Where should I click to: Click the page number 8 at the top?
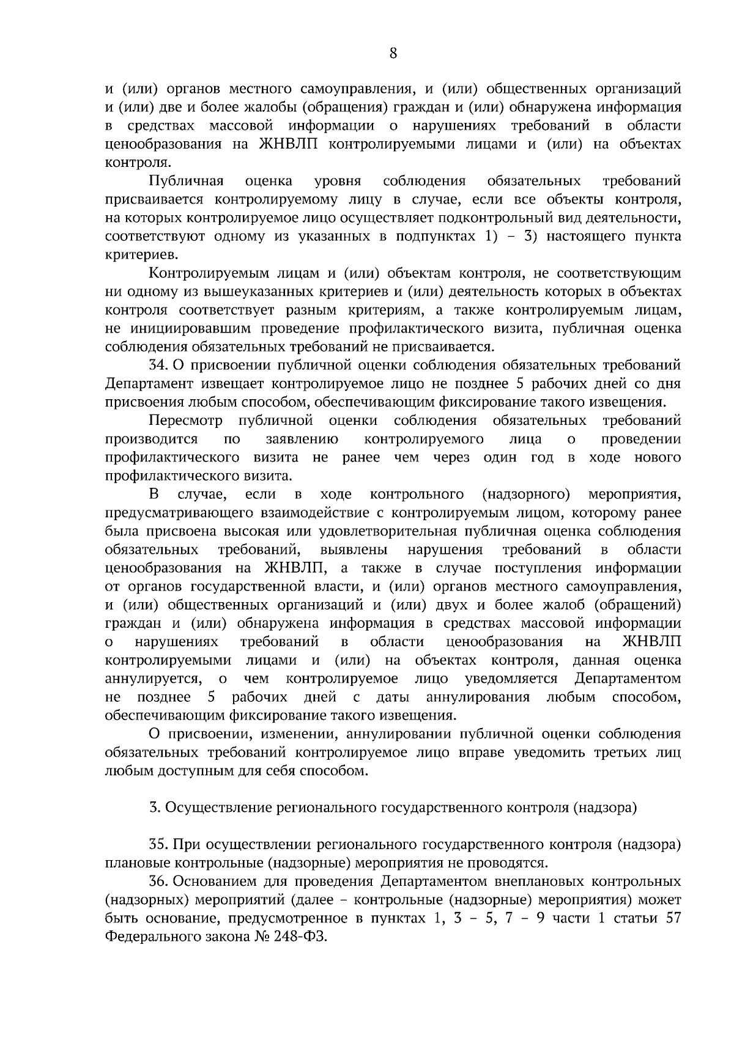pyautogui.click(x=393, y=54)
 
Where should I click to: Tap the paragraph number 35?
pyautogui.click(x=158, y=845)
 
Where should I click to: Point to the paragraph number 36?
pyautogui.click(x=158, y=882)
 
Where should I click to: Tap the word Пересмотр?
pyautogui.click(x=185, y=421)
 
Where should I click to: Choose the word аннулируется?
pyautogui.click(x=152, y=679)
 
